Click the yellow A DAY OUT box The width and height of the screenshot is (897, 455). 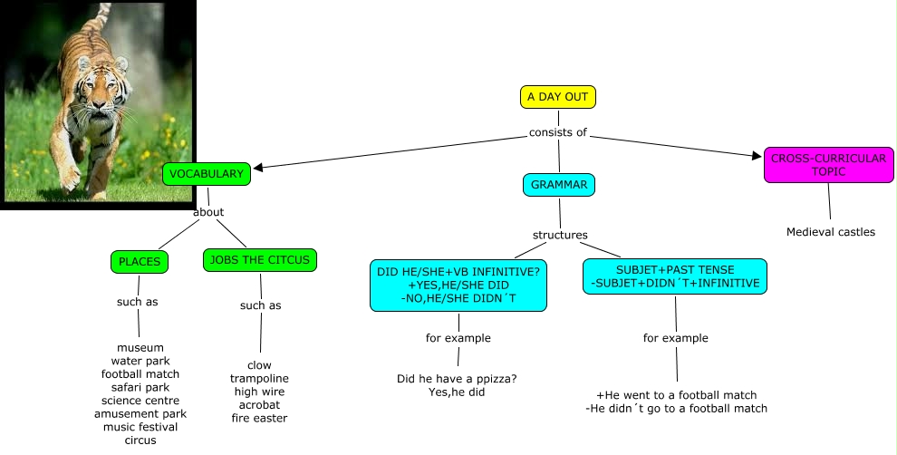pos(558,97)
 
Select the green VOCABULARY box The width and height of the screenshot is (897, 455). pos(207,174)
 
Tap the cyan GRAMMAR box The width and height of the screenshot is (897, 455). pos(559,185)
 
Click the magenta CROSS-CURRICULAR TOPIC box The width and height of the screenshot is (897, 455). pos(828,165)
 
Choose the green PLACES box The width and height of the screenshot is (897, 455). pos(139,262)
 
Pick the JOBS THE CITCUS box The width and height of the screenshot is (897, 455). pos(259,260)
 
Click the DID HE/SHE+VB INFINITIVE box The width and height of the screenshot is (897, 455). pos(458,285)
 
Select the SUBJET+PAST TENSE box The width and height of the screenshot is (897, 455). pos(675,277)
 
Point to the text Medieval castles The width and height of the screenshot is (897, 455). pos(831,232)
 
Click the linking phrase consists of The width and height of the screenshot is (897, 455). pos(558,132)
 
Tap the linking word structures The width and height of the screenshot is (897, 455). pos(560,235)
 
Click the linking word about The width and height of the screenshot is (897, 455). pos(208,212)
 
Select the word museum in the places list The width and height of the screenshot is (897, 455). pos(140,347)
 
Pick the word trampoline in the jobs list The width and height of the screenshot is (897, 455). pos(259,378)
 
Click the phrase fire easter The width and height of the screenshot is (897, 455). pos(259,418)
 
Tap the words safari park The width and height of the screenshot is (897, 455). pos(140,387)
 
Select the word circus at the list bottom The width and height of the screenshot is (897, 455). pos(140,440)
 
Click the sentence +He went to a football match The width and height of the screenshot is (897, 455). pos(676,395)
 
